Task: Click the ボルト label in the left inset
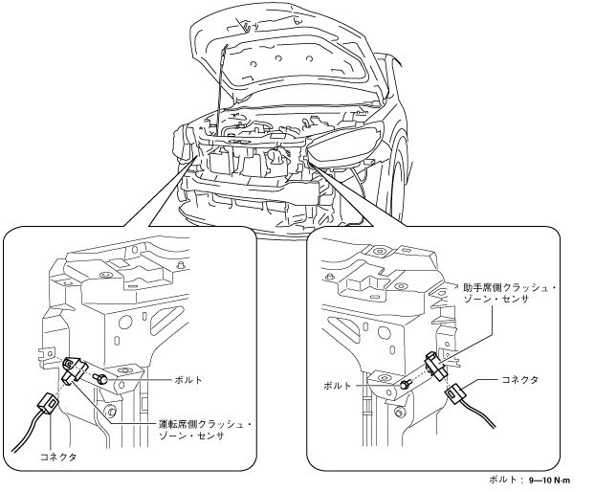tap(188, 380)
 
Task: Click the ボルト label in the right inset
tap(338, 386)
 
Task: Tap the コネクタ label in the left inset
tap(58, 458)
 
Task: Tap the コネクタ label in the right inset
tap(519, 379)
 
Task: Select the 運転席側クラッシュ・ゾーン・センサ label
tap(205, 430)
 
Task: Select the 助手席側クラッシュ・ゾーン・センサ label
tap(510, 294)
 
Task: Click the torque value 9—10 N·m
tap(549, 481)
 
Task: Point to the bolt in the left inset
tap(100, 378)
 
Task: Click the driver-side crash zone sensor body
tap(74, 370)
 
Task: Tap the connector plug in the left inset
tap(48, 403)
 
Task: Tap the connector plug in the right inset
tap(456, 394)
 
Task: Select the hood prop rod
tap(221, 87)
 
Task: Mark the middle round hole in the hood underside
tap(278, 58)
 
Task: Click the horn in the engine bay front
tap(275, 156)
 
